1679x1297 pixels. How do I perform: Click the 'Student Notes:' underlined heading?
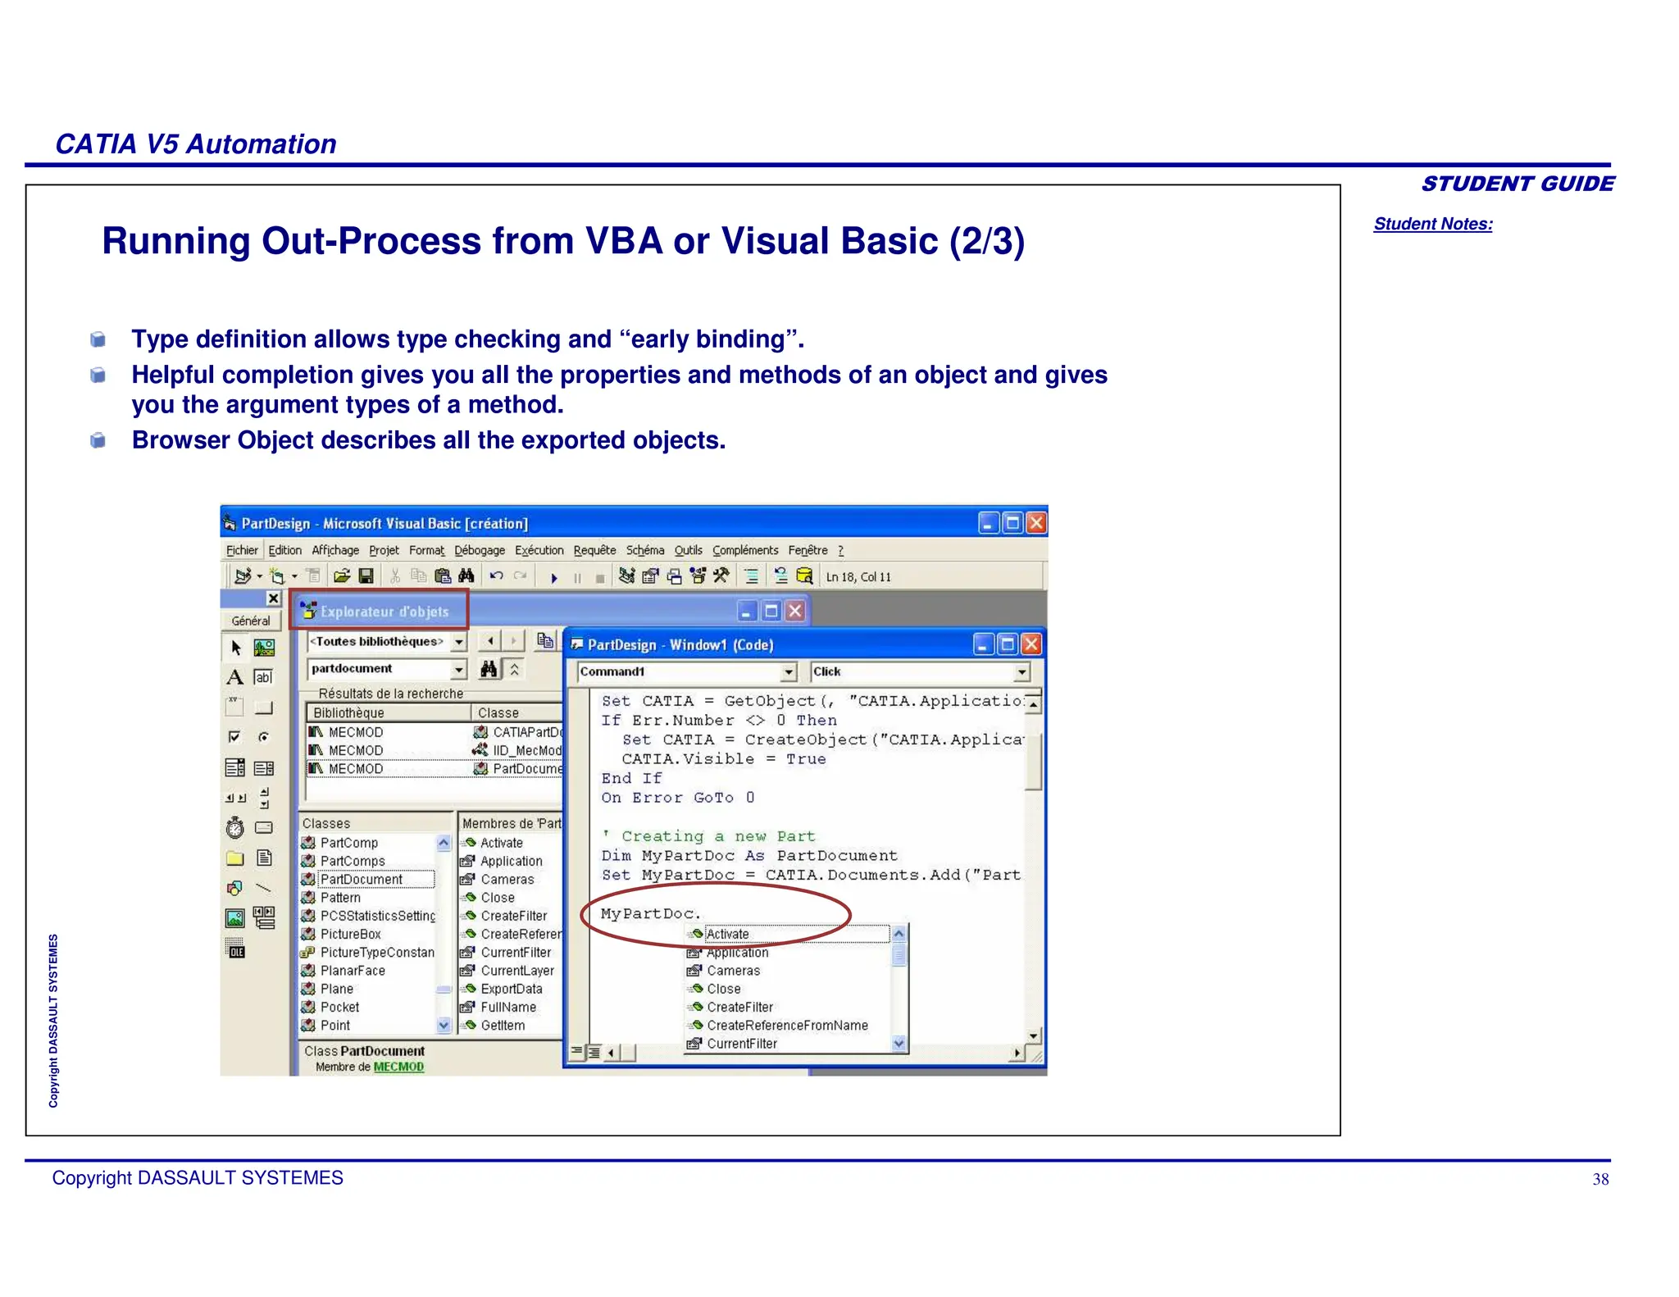point(1432,224)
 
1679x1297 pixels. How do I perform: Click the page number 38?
point(1599,1179)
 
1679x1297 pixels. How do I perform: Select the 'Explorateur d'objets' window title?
point(384,612)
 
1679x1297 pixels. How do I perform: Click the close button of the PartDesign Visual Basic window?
point(1036,523)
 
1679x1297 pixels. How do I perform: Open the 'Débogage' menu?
point(480,550)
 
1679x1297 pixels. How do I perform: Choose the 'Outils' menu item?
point(688,550)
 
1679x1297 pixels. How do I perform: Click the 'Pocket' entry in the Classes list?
point(339,1007)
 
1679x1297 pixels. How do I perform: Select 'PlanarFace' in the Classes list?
point(353,971)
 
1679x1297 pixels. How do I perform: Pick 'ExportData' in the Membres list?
point(511,989)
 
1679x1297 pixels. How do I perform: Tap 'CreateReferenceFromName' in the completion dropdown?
point(787,1026)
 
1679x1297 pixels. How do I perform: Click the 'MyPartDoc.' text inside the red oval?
point(650,913)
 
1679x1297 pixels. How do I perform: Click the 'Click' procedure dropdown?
point(918,671)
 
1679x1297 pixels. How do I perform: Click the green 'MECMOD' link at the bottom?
point(398,1067)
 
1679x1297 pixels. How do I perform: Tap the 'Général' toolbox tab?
point(250,621)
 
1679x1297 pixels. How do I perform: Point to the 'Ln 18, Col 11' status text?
point(858,577)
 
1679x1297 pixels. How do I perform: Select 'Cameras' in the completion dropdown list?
point(733,971)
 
